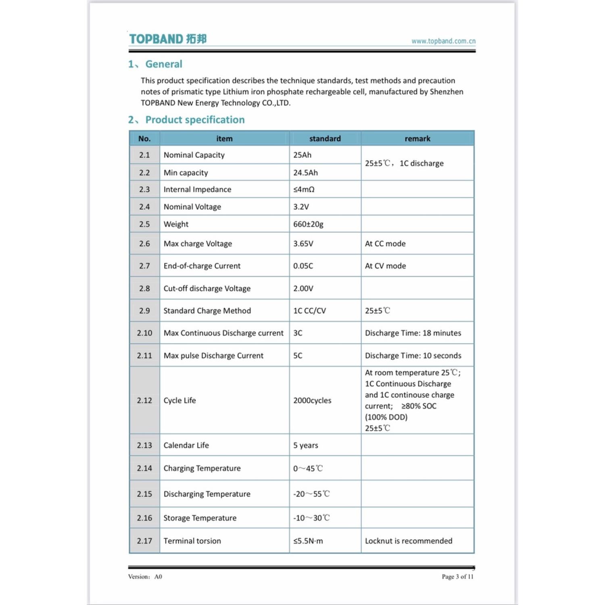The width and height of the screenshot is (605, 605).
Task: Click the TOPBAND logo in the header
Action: pos(168,39)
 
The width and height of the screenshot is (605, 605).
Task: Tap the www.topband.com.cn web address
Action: pos(443,41)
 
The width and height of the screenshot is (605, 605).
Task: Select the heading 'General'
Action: pos(163,64)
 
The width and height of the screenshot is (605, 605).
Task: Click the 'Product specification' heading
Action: pos(195,120)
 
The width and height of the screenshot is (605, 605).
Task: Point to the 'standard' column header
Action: pos(325,139)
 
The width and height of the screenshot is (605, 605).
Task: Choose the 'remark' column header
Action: pos(417,139)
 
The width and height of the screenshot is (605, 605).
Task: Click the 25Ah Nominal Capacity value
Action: pos(302,155)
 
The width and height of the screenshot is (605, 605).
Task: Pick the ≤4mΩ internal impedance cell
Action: pos(304,190)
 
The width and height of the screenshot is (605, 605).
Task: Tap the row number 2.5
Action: pos(144,224)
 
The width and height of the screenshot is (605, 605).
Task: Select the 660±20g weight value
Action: pos(308,224)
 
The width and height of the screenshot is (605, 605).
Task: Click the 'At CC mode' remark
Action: pos(385,244)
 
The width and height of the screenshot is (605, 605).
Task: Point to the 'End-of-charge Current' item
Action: pos(202,266)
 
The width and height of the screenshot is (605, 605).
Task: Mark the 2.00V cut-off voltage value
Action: pos(303,288)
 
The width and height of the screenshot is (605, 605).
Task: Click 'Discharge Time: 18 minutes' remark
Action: pos(413,333)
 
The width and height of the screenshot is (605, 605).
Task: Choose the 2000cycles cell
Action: pos(312,401)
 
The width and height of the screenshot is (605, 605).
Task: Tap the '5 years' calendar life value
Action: pos(306,445)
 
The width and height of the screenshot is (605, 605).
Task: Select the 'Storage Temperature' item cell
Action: pos(200,518)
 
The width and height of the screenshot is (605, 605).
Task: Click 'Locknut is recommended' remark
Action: pos(409,541)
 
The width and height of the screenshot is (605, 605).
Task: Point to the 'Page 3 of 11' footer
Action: pos(457,577)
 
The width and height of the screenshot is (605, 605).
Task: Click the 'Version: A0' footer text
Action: pos(145,577)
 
